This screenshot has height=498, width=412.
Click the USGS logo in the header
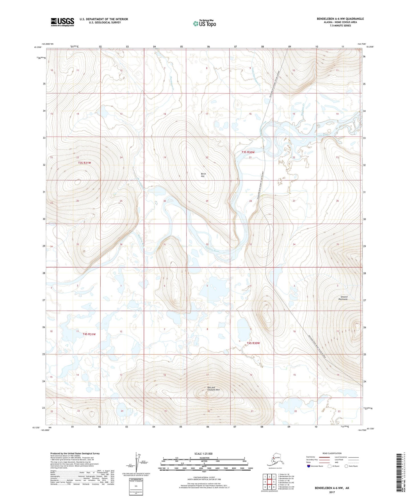click(62, 22)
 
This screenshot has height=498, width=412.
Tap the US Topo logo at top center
click(204, 23)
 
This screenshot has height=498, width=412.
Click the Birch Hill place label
click(203, 175)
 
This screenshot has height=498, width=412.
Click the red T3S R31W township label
click(84, 163)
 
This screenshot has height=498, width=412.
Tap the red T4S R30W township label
click(253, 343)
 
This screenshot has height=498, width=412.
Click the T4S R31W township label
click(89, 334)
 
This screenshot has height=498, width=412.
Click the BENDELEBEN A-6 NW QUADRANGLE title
click(340, 19)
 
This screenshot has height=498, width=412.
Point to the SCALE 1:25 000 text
click(204, 454)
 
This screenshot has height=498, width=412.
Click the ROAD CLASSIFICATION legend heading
click(332, 453)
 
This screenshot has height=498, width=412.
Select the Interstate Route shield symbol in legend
click(309, 466)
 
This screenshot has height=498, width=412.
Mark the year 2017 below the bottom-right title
click(332, 492)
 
